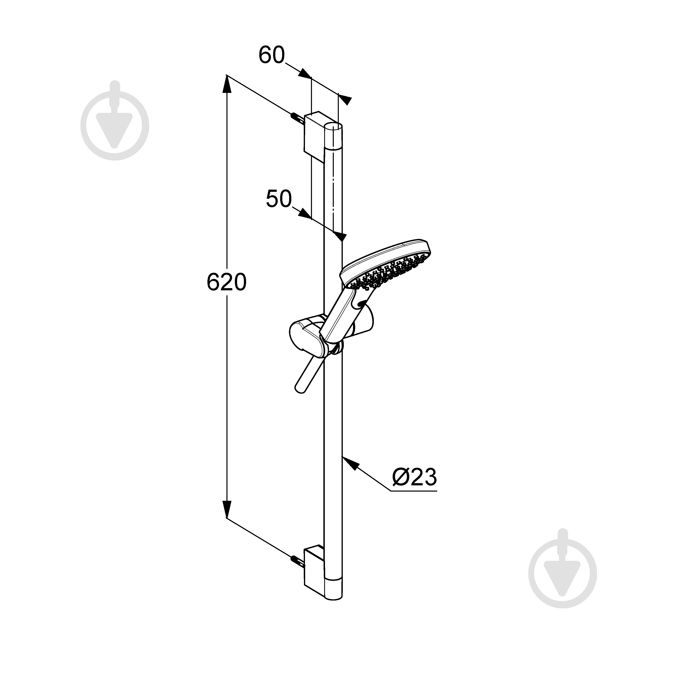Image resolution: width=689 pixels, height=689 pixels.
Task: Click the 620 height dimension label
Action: tap(226, 283)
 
